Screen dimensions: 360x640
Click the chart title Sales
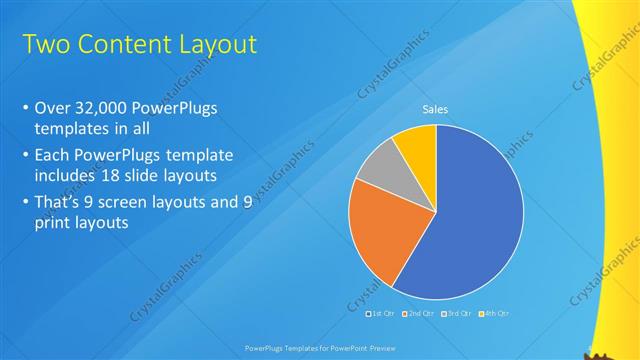tap(435, 109)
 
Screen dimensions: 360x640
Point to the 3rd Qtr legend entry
tap(455, 314)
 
